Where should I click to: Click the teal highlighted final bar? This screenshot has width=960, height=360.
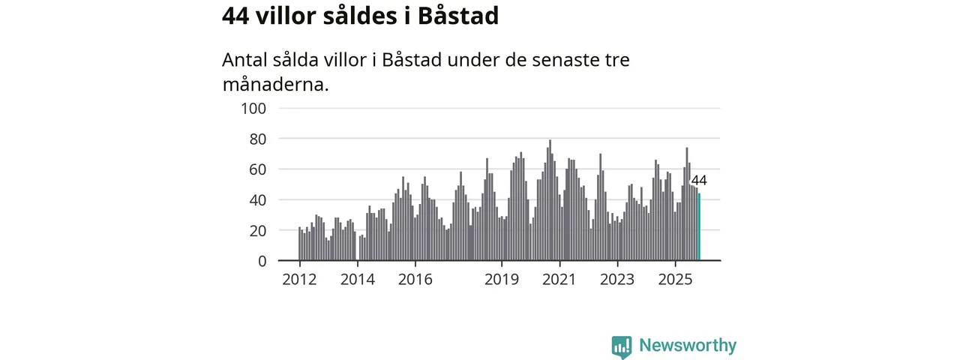click(x=699, y=227)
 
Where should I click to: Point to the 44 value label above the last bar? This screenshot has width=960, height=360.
click(x=698, y=180)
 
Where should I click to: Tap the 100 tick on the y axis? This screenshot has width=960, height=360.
click(x=254, y=108)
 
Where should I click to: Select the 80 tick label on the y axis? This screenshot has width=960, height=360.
click(x=258, y=139)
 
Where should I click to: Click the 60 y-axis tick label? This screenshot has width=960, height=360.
click(x=258, y=169)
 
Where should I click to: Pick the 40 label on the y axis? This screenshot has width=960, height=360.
click(x=258, y=200)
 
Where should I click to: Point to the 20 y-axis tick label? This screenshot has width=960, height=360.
click(x=258, y=231)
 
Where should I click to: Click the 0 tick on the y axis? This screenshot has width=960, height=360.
click(x=262, y=261)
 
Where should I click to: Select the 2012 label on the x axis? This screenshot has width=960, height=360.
click(x=299, y=280)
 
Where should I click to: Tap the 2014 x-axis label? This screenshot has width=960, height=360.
click(x=357, y=280)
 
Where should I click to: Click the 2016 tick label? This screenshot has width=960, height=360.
click(x=415, y=280)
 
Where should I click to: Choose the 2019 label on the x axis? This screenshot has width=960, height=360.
click(x=502, y=280)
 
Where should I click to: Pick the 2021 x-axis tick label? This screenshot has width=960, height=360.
click(x=559, y=280)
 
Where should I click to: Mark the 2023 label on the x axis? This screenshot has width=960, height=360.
click(x=617, y=280)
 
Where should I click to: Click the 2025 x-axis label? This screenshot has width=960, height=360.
click(x=675, y=280)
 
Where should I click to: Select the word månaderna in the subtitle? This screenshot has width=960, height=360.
click(x=275, y=84)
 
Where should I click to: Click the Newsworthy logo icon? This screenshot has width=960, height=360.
click(x=621, y=346)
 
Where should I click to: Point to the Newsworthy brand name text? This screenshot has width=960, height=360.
click(x=688, y=346)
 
